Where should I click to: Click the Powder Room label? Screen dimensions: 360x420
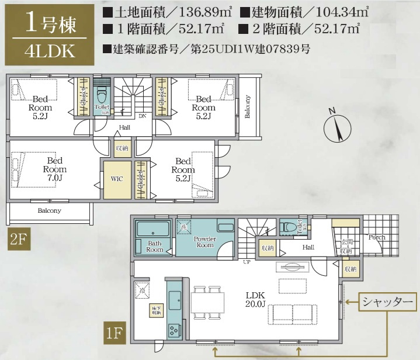point(204,242)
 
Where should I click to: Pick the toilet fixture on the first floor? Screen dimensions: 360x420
point(288,228)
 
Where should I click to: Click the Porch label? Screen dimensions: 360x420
point(377,238)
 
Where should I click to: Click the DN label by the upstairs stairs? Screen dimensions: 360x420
point(143,115)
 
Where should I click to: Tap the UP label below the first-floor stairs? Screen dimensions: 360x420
point(248,262)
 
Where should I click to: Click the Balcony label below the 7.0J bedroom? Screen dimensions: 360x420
point(50,210)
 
